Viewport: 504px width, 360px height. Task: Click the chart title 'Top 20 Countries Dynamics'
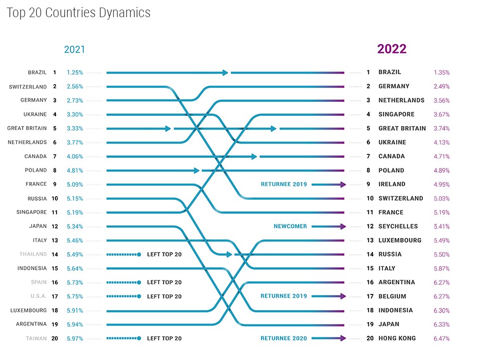[x=79, y=13]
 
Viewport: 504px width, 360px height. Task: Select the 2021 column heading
[x=74, y=49]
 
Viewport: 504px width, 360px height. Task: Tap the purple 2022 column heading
[x=392, y=49]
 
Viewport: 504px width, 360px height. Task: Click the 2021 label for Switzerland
[x=28, y=87]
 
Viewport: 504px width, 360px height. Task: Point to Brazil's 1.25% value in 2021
[x=75, y=73]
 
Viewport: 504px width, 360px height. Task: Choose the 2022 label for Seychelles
[x=398, y=226]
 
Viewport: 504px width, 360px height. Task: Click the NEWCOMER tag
[x=290, y=226]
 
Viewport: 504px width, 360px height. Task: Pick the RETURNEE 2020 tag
[x=284, y=338]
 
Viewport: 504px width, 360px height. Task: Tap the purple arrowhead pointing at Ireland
[x=343, y=185]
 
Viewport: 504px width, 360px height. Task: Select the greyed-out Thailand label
[x=33, y=254]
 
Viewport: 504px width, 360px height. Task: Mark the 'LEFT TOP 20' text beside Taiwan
[x=164, y=338]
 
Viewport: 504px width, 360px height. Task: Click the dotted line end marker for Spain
[x=139, y=282]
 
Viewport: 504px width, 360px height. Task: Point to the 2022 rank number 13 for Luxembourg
[x=368, y=241]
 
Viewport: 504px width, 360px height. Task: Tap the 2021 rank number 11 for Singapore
[x=54, y=212]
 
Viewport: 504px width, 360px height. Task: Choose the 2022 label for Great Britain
[x=402, y=129]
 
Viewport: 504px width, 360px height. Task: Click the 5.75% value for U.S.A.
[x=75, y=296]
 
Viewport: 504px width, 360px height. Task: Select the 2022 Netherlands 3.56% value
[x=442, y=100]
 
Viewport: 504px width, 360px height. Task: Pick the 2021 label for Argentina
[x=31, y=324]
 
